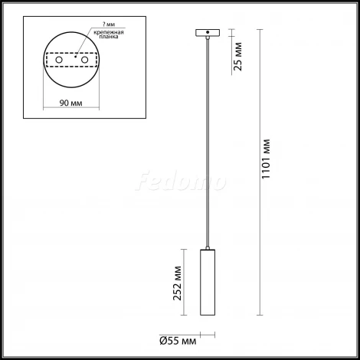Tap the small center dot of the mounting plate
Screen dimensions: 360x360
74,56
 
